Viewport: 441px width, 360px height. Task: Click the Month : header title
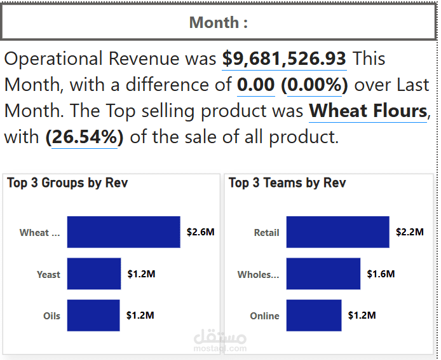tap(218, 23)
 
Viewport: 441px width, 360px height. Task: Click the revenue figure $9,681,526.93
tap(284, 59)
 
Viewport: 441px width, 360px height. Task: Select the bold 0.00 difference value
tap(255, 85)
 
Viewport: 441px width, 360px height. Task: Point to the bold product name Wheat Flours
tap(368, 111)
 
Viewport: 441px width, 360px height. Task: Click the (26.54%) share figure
tap(85, 137)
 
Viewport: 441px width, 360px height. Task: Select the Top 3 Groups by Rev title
tap(67, 183)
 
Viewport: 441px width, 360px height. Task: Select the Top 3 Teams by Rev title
tap(287, 183)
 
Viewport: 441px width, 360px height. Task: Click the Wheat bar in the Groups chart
tap(123, 232)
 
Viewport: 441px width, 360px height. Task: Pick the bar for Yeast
tap(93, 274)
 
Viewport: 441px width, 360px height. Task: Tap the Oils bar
tap(93, 315)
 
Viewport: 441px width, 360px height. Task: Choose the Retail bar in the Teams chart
tap(337, 232)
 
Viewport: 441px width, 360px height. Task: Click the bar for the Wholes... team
tap(323, 274)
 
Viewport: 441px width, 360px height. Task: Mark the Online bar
tap(313, 315)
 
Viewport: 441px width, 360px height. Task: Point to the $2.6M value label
tap(200, 232)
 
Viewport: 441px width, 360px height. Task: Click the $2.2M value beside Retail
tap(409, 232)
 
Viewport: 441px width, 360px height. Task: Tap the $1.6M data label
tap(381, 274)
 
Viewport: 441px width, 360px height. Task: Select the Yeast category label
tap(48, 275)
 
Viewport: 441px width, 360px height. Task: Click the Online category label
tap(264, 316)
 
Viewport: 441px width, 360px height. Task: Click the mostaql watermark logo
tap(219, 340)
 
